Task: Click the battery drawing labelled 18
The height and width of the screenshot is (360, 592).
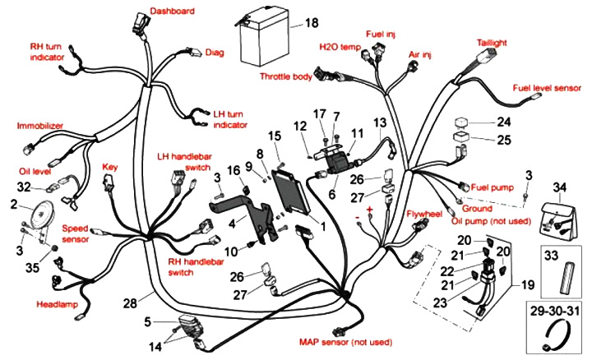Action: tap(263, 43)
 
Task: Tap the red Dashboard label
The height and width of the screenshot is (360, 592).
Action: tap(172, 11)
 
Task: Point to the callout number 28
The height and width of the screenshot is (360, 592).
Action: tap(130, 303)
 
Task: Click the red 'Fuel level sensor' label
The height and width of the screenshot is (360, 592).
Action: tap(547, 88)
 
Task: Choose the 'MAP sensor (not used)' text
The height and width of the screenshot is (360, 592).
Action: tap(345, 342)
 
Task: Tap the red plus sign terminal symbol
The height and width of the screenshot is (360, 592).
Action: tap(369, 210)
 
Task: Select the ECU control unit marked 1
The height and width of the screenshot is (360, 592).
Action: tap(294, 190)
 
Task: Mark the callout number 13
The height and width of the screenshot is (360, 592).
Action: tap(380, 122)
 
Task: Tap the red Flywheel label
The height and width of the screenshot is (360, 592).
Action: tap(424, 215)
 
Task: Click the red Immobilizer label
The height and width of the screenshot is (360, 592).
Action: tap(40, 126)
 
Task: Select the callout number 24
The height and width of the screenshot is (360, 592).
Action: tap(504, 122)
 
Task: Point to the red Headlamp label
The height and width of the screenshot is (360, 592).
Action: tap(57, 304)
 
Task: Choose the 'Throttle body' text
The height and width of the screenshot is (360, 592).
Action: tap(286, 76)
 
